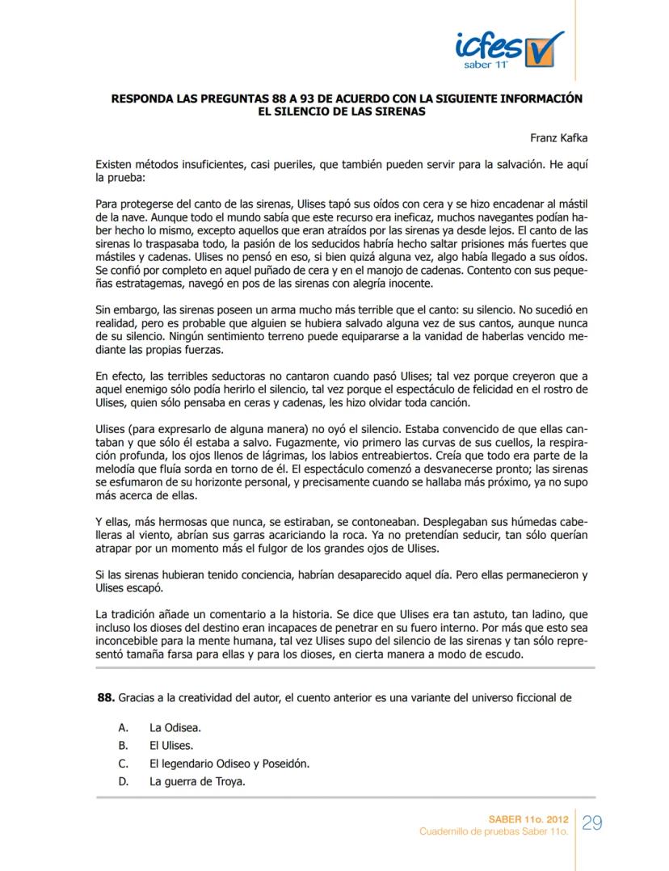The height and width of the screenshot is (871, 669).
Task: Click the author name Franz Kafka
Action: [x=559, y=138]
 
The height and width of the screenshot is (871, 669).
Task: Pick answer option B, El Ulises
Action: [x=171, y=746]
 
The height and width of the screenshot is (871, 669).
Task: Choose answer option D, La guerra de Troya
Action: [x=197, y=781]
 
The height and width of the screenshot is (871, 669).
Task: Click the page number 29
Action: [x=592, y=823]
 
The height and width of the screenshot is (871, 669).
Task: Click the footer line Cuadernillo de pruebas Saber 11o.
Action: [x=494, y=831]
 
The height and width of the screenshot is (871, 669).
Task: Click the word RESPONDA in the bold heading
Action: [x=144, y=99]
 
